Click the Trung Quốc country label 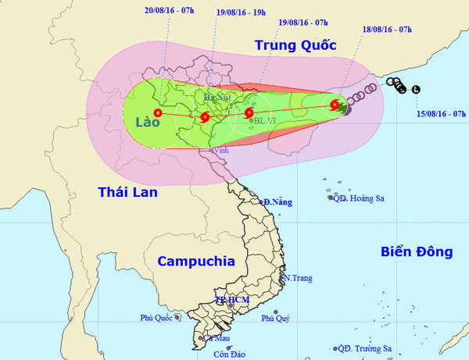(x=295, y=45)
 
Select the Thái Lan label (x=128, y=191)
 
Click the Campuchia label (x=196, y=262)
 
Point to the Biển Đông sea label (x=417, y=251)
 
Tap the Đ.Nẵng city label (x=277, y=202)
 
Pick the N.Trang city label (x=299, y=278)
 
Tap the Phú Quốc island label (x=157, y=318)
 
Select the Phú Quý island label (x=275, y=318)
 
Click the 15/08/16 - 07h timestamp (x=441, y=114)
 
